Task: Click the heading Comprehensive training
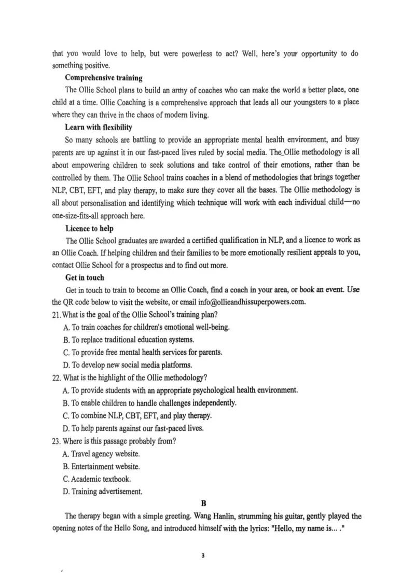[103, 78]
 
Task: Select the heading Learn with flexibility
[98, 127]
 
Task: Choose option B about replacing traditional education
[128, 340]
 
